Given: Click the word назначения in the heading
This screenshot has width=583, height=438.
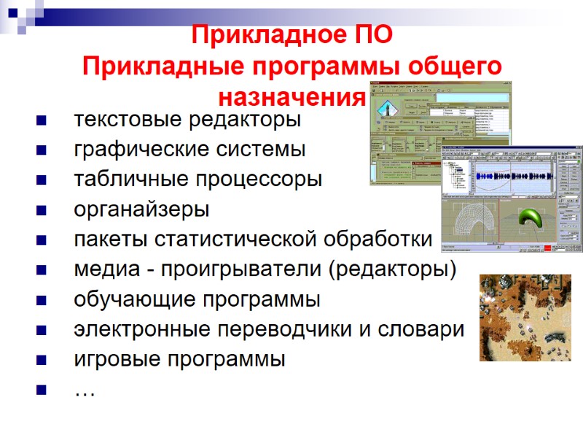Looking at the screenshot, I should pos(291,96).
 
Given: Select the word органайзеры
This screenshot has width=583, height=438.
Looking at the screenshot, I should pos(141,210).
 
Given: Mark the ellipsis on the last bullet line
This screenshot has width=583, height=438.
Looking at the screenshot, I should pos(85,393).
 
